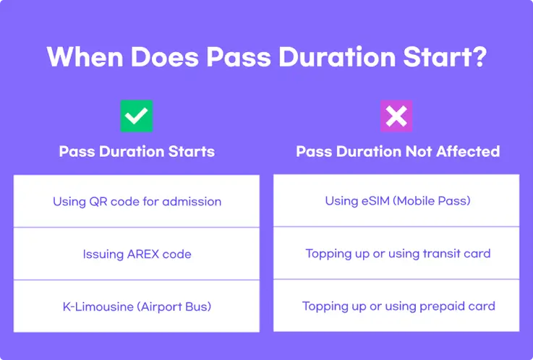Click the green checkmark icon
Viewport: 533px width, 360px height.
137,116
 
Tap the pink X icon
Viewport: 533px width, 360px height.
396,116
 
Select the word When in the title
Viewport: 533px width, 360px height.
85,56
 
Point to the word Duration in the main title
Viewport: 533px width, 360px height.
337,56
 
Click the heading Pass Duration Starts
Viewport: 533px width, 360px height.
137,152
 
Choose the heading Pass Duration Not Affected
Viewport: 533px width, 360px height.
398,152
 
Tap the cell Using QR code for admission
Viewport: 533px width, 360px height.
136,201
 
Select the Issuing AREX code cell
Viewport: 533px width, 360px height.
136,254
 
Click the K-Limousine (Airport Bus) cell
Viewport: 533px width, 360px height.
136,307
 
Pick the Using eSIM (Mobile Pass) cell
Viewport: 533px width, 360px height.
396,200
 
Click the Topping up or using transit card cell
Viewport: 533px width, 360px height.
396,253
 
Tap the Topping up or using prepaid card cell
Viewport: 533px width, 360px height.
396,306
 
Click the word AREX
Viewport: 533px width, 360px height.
142,254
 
